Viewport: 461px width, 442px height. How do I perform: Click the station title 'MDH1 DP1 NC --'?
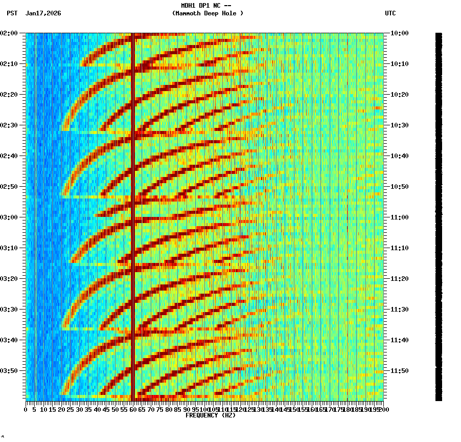[209, 6]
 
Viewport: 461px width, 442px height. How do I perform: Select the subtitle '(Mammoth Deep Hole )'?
[208, 13]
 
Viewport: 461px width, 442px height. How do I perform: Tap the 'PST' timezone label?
[12, 13]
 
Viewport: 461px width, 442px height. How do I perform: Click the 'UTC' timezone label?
[390, 13]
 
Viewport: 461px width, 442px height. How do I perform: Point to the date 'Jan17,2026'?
[43, 13]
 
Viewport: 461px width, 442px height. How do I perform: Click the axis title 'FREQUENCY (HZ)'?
[211, 415]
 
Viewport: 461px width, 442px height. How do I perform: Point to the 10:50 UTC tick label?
[399, 187]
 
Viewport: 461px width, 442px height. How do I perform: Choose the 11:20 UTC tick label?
[399, 279]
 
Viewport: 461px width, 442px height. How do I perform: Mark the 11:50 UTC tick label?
[399, 371]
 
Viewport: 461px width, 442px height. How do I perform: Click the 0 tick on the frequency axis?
[26, 410]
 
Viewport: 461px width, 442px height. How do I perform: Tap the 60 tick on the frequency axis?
[133, 410]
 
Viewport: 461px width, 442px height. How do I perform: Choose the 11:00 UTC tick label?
[399, 217]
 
